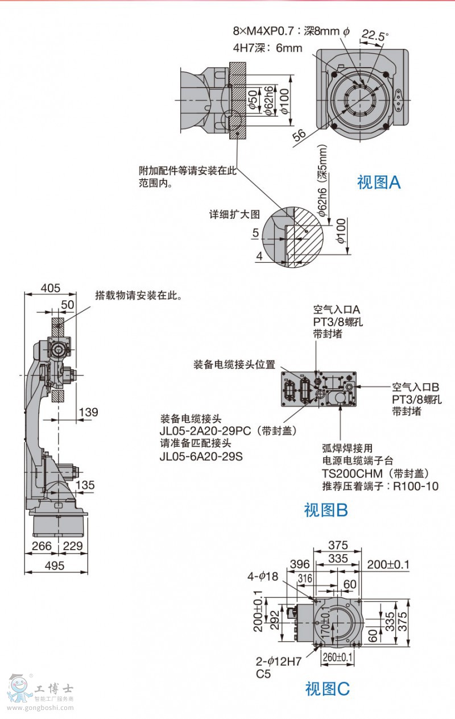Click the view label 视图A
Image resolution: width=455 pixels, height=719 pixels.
[x=379, y=182]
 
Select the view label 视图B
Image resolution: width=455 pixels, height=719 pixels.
[x=326, y=510]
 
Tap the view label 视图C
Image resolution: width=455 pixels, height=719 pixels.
[x=327, y=689]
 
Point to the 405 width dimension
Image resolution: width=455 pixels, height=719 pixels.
[x=50, y=288]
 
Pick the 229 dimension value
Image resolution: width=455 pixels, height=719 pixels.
[x=72, y=546]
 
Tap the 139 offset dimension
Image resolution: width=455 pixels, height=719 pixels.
[x=88, y=412]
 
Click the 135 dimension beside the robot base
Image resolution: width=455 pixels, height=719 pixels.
[x=85, y=485]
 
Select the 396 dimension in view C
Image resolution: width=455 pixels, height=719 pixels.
[x=299, y=564]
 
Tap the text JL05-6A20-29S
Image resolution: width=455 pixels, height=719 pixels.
[x=201, y=456]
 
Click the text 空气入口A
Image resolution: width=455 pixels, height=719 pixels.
[x=337, y=310]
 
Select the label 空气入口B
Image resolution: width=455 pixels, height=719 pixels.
[x=416, y=387]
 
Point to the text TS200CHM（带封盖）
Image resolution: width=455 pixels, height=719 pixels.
[x=375, y=473]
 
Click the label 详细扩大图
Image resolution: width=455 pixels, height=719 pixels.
[x=234, y=215]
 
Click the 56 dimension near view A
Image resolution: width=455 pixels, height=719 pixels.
[x=300, y=134]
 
